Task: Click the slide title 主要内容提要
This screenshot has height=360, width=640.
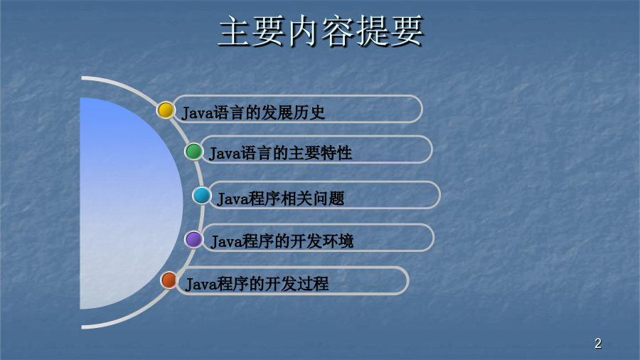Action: pos(321,31)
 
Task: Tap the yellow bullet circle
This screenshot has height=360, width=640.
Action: pos(166,110)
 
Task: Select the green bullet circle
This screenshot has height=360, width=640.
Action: pos(193,152)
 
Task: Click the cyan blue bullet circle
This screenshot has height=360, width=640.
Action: pos(202,196)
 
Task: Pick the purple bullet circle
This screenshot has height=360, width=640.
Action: pos(193,239)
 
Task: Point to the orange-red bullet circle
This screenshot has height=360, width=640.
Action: pos(169,280)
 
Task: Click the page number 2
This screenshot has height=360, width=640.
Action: pos(598,343)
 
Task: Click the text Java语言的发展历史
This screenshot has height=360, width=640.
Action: pos(253,112)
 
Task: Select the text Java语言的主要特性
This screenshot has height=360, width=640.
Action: pos(280,153)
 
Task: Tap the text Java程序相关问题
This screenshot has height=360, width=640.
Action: pos(281,198)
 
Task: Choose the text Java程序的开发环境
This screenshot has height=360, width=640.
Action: pos(282,241)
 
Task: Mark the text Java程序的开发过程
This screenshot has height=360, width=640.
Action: pos(257,284)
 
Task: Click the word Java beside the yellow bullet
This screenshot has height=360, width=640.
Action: pos(198,113)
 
